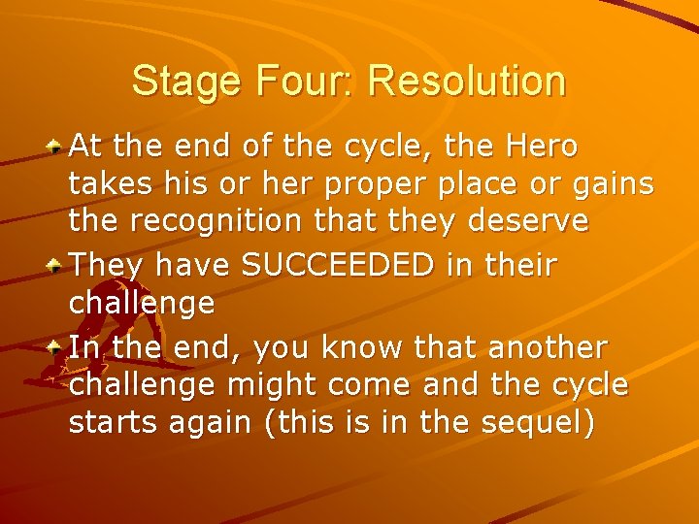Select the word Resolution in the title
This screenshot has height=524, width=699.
467,82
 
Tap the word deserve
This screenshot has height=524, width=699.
529,221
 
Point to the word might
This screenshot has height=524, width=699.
269,385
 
